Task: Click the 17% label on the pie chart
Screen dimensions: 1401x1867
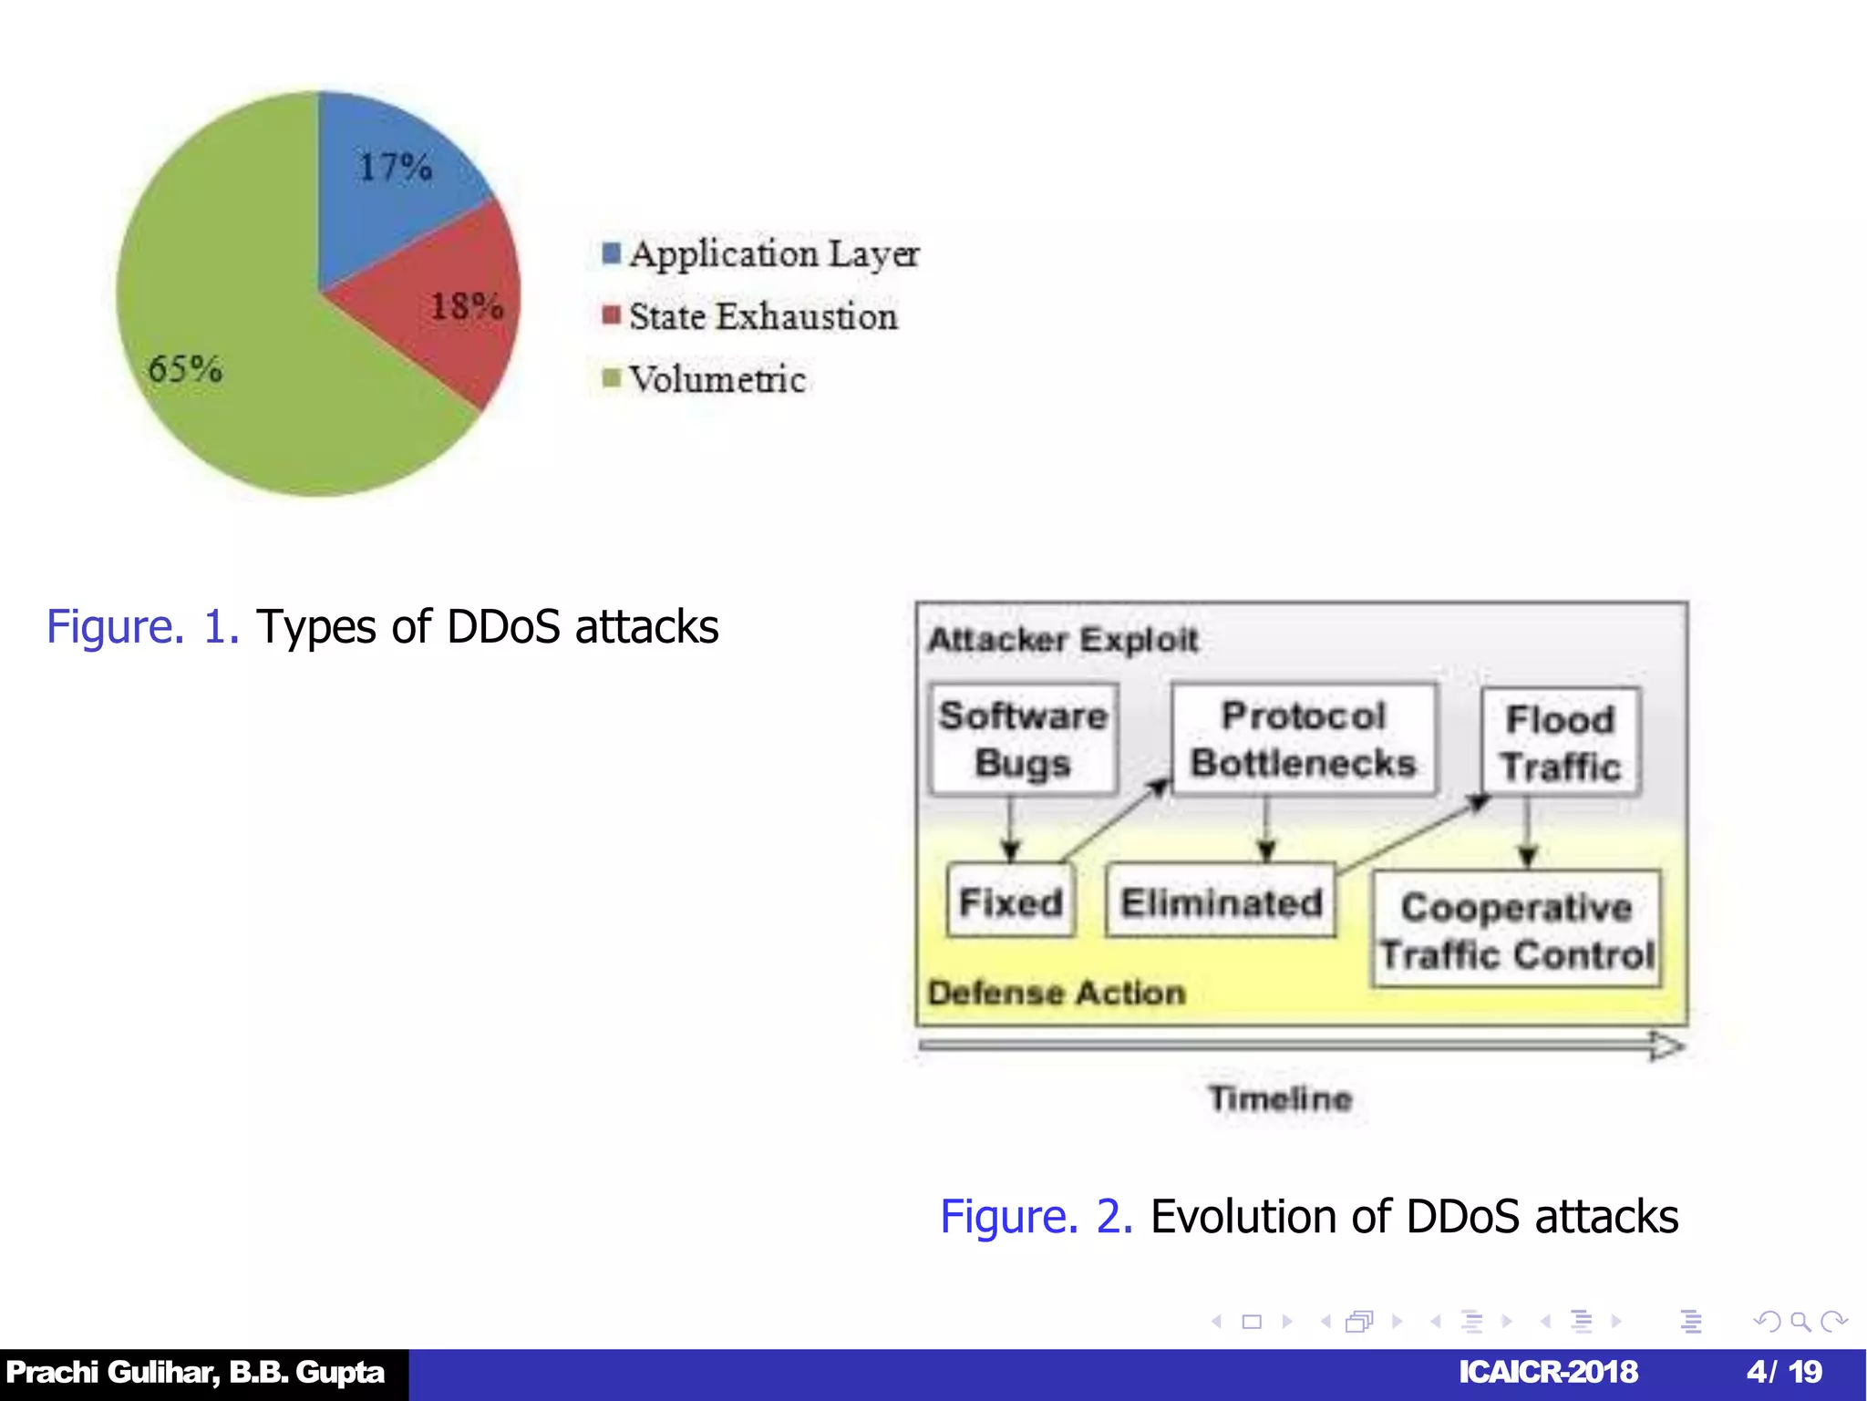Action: (396, 168)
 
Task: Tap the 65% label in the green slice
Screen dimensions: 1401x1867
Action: (185, 369)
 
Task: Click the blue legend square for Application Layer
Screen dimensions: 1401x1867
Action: (612, 252)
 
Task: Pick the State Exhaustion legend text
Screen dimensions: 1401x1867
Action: (763, 316)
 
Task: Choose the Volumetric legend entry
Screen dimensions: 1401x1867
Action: (717, 379)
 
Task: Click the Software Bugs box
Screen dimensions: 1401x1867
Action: (1023, 739)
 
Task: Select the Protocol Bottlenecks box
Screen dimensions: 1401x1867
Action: (1303, 739)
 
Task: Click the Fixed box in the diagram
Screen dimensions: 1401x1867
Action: (1010, 901)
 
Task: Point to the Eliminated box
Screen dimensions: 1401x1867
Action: (1221, 901)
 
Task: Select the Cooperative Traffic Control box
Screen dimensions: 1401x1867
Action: (1516, 930)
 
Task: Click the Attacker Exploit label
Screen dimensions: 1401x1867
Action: (1062, 640)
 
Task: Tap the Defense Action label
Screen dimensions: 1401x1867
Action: (1057, 993)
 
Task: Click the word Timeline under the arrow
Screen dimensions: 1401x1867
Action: (1280, 1098)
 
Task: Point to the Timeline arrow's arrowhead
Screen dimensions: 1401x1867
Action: (1666, 1046)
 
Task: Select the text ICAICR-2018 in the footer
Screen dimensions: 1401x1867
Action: (1548, 1372)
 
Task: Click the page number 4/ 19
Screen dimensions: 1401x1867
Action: (1784, 1372)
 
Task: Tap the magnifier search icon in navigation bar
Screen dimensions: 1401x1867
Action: (1800, 1322)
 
